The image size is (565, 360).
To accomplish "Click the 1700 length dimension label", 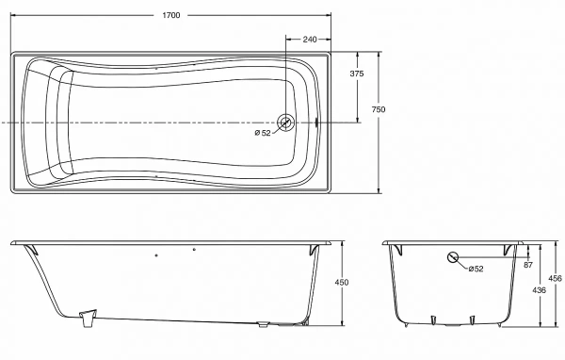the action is click(171, 15).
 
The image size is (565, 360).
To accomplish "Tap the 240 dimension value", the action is click(310, 40).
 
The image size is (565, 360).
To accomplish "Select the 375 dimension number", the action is click(357, 74).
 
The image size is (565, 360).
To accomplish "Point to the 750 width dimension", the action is click(379, 109).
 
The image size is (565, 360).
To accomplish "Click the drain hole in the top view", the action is click(285, 123).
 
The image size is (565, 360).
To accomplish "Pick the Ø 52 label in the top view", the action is click(263, 133).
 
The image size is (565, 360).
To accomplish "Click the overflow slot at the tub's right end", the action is click(316, 123).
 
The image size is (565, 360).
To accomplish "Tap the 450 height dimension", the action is click(342, 282).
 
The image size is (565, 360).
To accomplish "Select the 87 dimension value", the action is click(528, 265).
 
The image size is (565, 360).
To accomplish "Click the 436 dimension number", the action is click(539, 289).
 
